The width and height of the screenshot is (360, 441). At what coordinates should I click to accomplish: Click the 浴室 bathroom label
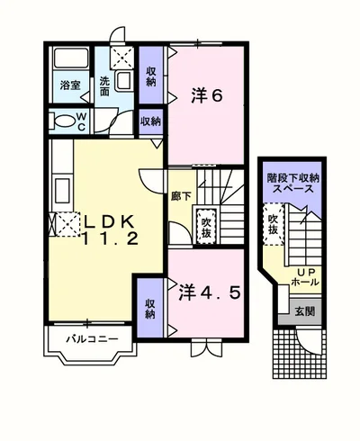70,85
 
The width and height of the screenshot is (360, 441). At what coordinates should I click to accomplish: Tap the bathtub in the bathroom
71,58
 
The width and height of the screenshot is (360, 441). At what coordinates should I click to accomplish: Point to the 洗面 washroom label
104,86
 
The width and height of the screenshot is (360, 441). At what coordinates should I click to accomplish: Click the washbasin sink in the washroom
123,80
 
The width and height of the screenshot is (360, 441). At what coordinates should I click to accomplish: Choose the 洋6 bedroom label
207,95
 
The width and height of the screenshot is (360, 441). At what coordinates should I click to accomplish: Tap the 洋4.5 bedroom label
210,293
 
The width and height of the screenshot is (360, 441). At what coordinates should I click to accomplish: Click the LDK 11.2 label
110,230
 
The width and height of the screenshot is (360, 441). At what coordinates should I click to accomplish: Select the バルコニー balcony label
93,339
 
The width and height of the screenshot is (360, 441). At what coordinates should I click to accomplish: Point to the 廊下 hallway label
181,196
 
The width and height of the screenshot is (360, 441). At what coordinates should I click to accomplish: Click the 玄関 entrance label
305,312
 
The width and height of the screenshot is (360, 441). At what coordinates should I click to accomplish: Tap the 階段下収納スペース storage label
292,184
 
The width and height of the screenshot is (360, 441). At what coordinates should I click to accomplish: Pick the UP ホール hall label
305,277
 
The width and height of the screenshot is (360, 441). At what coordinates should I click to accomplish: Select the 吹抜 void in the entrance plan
274,224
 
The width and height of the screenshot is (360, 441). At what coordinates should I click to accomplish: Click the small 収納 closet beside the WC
151,121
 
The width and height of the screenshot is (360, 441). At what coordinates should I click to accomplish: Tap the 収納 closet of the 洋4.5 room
150,309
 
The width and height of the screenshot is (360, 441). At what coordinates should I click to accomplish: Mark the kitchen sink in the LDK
63,191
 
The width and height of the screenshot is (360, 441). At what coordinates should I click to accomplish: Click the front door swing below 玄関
309,342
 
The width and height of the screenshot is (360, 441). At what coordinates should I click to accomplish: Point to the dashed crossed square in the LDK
67,224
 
